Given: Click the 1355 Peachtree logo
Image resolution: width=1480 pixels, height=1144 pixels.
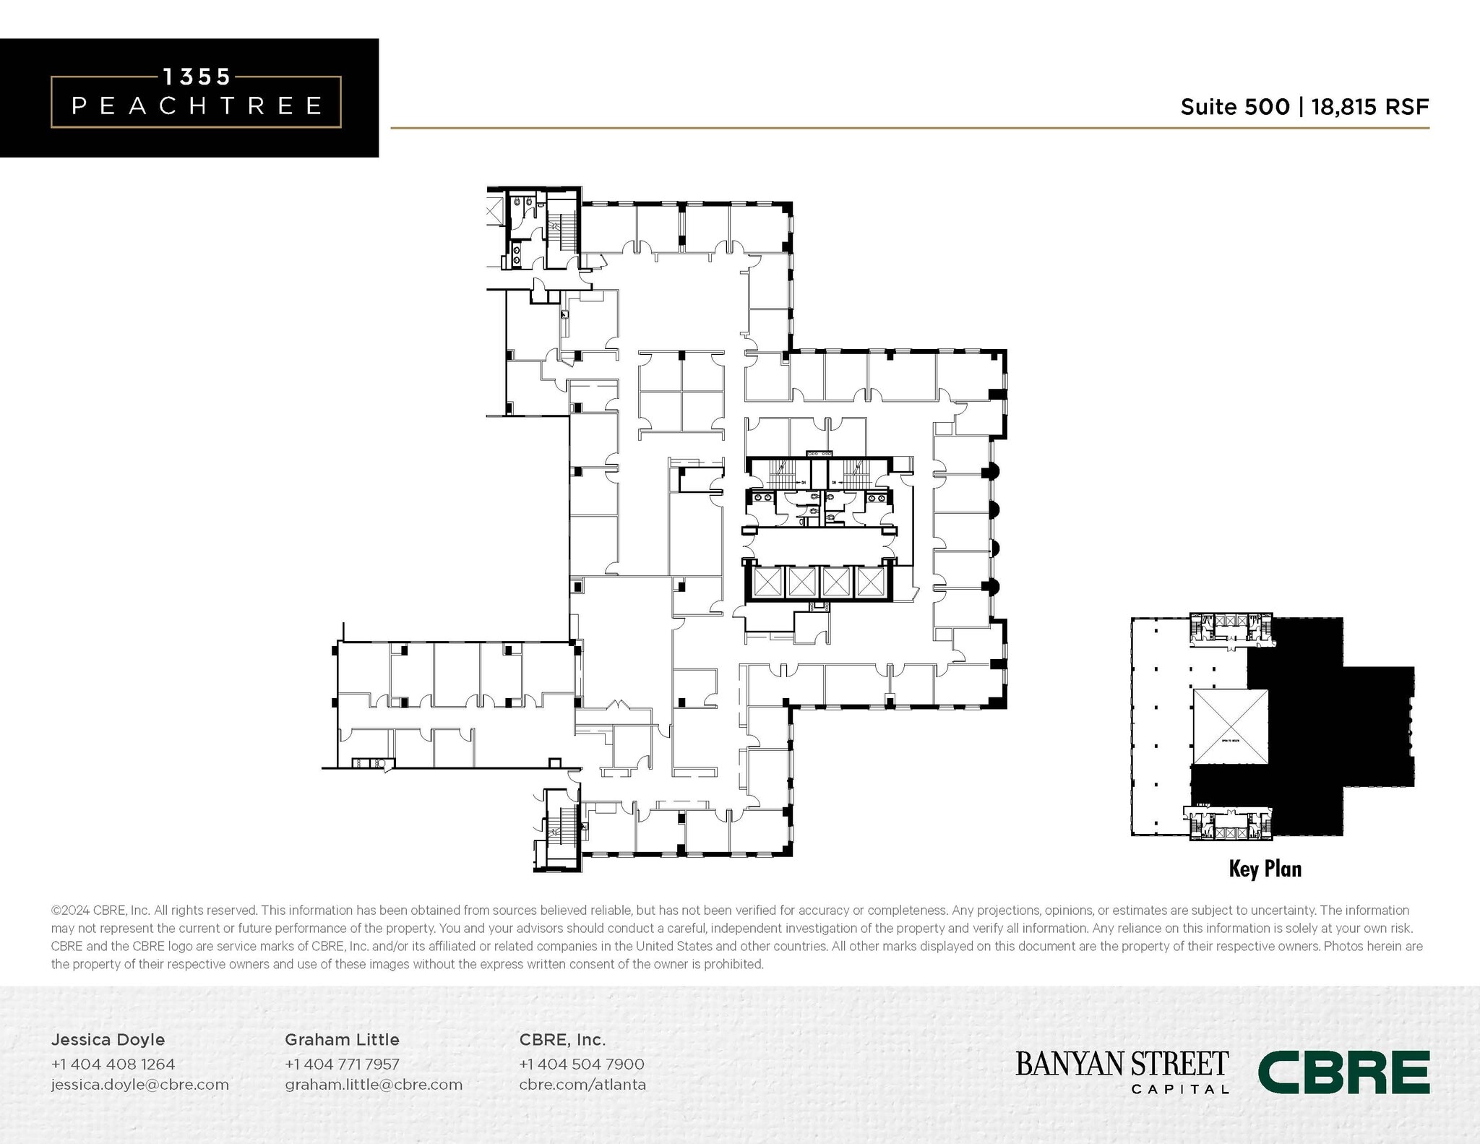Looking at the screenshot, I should coord(195,98).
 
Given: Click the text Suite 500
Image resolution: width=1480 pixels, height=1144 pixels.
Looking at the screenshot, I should coord(1234,107).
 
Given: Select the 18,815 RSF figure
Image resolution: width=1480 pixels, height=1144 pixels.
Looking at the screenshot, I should coord(1369,107).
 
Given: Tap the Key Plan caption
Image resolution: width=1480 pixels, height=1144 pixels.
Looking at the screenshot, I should coord(1265,869).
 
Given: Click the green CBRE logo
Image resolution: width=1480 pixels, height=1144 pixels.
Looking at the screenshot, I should coord(1344,1072).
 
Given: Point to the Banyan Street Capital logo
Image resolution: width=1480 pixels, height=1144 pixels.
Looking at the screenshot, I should coord(1122,1072).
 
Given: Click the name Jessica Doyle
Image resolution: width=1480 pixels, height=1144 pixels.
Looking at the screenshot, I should coord(108,1039).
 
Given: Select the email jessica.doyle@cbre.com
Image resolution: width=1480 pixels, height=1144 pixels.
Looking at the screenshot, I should coord(139,1085).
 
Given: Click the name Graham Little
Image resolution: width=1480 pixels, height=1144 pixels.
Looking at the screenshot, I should coord(342,1039).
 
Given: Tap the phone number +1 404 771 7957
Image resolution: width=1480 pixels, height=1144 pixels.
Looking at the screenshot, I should coord(342,1064).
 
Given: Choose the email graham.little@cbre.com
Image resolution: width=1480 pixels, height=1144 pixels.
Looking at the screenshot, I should coord(374,1085).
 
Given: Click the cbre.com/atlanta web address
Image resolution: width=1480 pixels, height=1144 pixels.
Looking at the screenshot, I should coord(582,1085).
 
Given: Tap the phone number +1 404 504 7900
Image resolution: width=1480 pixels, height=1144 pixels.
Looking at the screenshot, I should coord(582,1064).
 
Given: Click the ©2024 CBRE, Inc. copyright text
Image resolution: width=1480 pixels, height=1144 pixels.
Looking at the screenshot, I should coord(100,911).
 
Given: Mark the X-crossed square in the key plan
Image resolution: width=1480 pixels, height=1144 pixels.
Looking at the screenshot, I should coord(1230,726).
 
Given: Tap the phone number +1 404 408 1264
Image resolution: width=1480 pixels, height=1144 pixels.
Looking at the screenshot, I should coord(113,1064).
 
